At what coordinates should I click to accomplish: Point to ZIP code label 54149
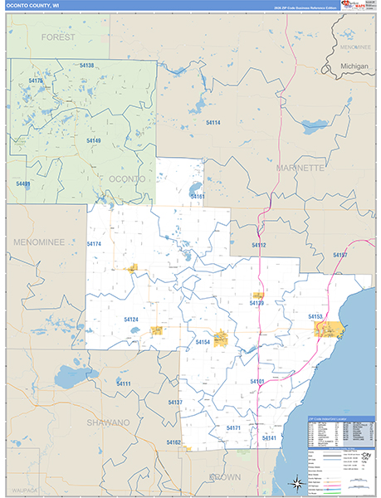pyautogui.click(x=93, y=140)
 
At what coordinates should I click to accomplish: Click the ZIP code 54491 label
pyautogui.click(x=22, y=183)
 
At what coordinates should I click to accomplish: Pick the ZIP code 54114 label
pyautogui.click(x=213, y=122)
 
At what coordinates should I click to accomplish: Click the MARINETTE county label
pyautogui.click(x=300, y=168)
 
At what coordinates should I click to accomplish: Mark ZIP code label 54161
pyautogui.click(x=197, y=196)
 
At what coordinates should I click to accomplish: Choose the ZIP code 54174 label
pyautogui.click(x=94, y=244)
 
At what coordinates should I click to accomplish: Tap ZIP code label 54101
pyautogui.click(x=256, y=381)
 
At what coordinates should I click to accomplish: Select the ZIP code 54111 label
pyautogui.click(x=124, y=383)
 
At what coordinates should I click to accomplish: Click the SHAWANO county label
pyautogui.click(x=107, y=422)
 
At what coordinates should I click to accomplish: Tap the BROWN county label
pyautogui.click(x=224, y=476)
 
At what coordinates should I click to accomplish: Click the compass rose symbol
pyautogui.click(x=296, y=482)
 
